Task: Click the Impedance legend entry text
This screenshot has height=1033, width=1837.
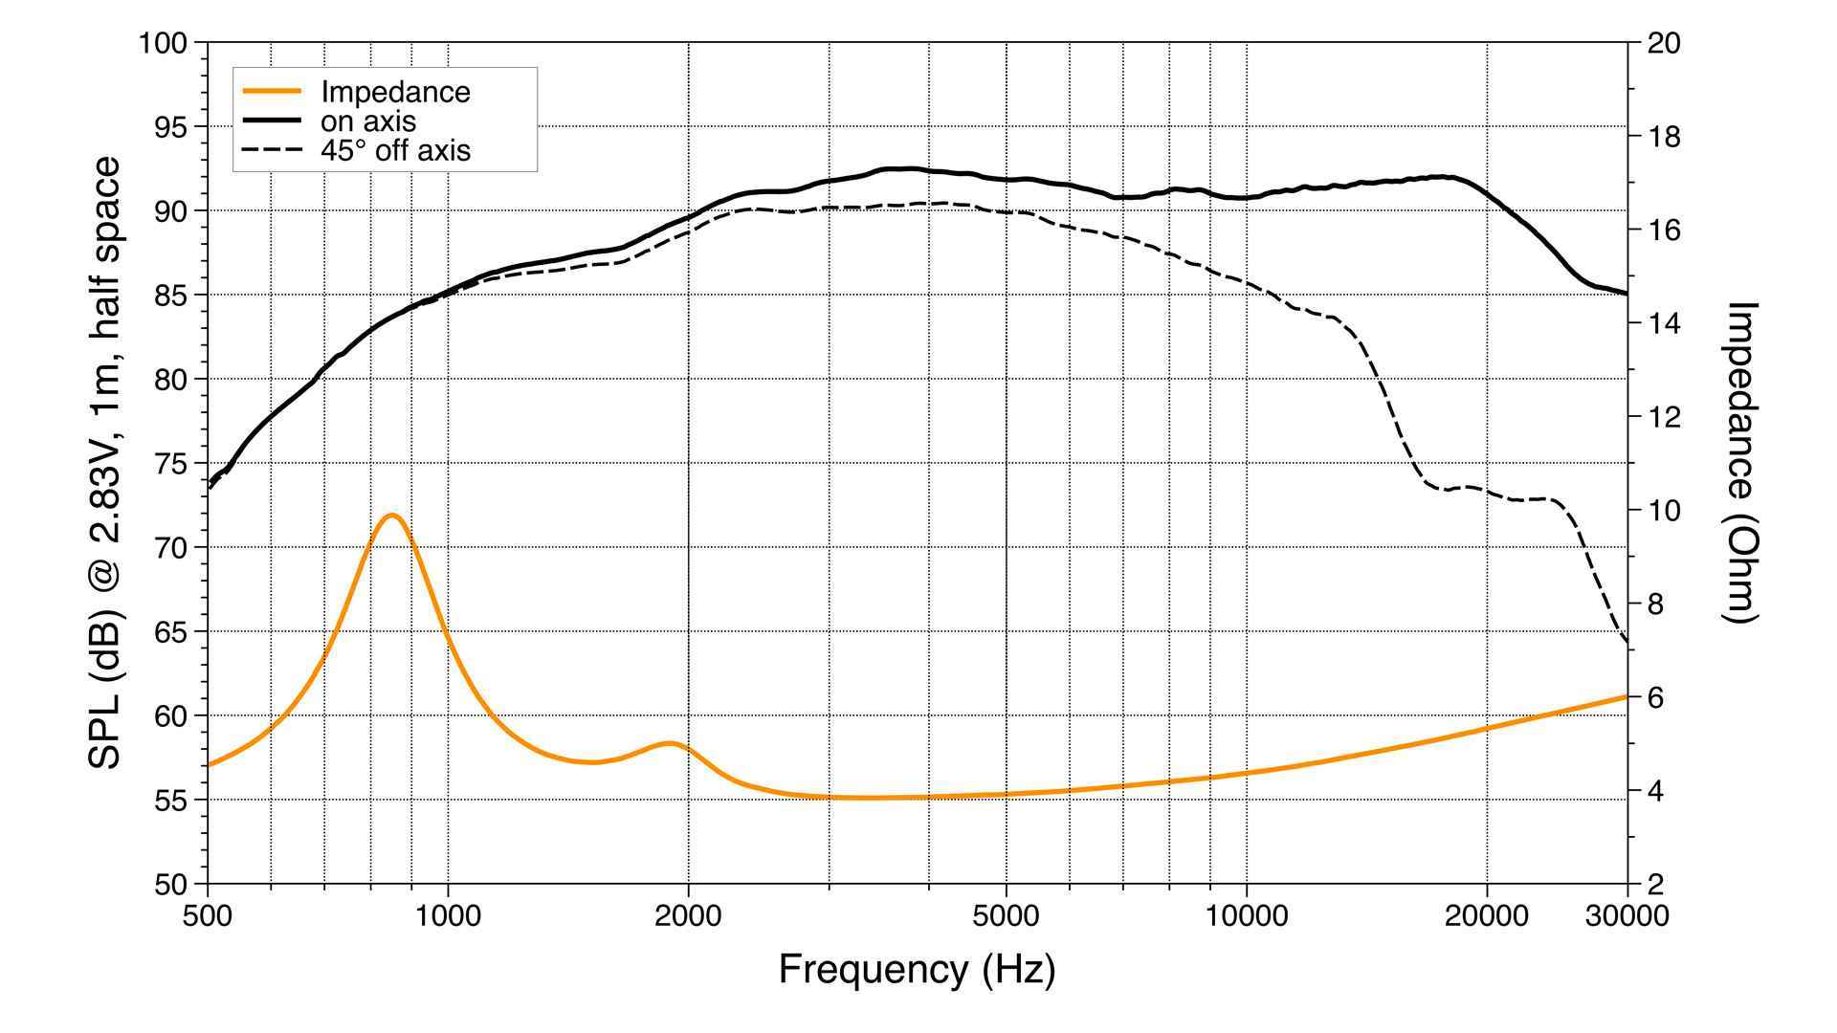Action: point(395,92)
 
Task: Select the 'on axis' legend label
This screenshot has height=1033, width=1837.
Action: point(368,121)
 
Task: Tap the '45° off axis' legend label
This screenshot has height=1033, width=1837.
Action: point(395,150)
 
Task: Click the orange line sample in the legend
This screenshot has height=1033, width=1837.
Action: point(273,92)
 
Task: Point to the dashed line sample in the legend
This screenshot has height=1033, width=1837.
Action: point(273,150)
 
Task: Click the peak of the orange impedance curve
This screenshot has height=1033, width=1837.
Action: point(390,516)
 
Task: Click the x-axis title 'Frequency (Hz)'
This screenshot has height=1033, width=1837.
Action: point(917,970)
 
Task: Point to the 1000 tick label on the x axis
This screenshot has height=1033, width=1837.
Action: point(448,916)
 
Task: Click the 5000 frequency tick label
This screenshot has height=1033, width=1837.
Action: point(1006,916)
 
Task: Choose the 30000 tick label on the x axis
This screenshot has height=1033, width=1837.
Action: point(1627,916)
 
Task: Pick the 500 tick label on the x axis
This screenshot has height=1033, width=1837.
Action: point(208,916)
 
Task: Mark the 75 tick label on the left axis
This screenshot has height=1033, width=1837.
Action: point(171,464)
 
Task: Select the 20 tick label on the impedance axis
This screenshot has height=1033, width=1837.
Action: point(1664,44)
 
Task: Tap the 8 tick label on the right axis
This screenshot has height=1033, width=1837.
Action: point(1655,604)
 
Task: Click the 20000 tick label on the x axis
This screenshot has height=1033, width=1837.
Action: point(1486,916)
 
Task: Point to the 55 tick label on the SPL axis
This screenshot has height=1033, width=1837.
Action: point(171,801)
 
